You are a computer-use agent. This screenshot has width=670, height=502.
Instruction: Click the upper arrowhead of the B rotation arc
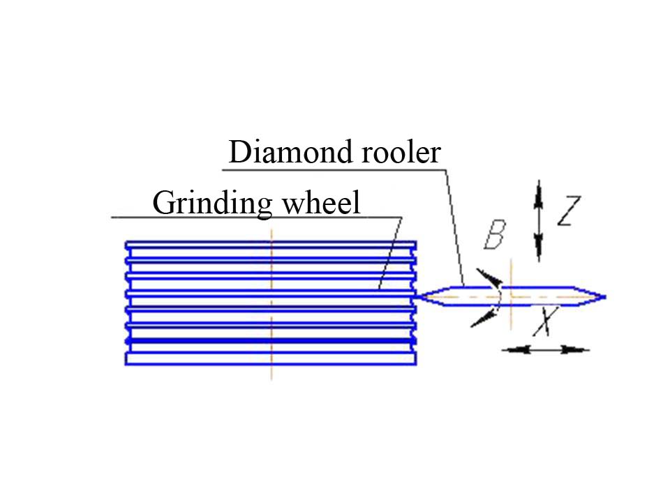click(491, 278)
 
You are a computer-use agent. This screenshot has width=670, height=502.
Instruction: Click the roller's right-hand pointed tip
click(603, 296)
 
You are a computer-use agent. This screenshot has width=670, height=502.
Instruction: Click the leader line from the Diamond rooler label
click(454, 223)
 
